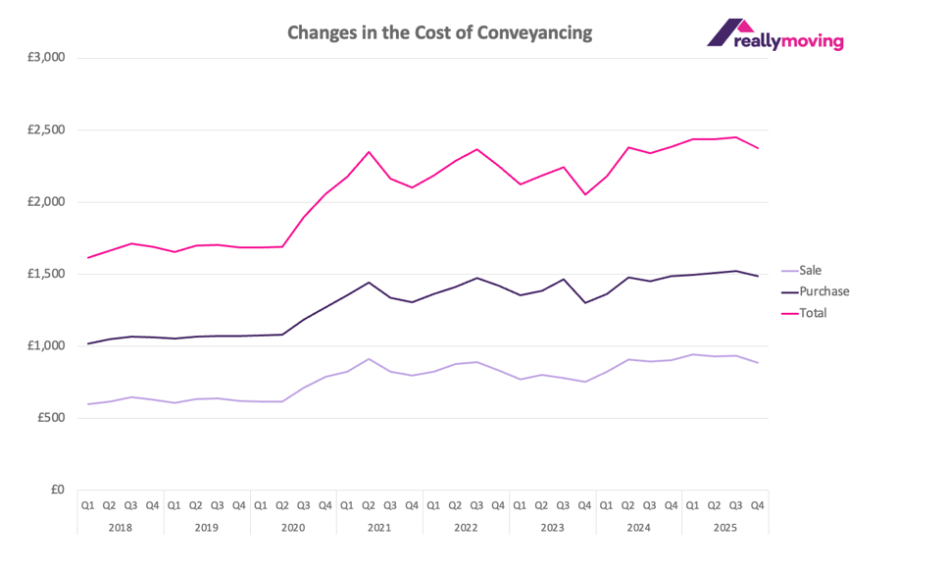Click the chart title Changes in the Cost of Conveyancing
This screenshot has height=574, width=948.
(x=439, y=32)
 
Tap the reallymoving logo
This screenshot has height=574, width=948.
(x=774, y=34)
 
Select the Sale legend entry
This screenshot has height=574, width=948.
(x=811, y=270)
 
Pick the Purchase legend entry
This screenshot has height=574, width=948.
(x=824, y=291)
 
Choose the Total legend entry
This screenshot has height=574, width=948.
(x=813, y=313)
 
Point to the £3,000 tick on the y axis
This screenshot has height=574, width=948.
(x=44, y=58)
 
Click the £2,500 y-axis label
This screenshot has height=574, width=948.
(x=44, y=130)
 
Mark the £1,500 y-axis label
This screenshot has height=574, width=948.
(x=44, y=274)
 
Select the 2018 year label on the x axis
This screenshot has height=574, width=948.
(x=120, y=527)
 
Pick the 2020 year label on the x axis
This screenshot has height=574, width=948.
(x=293, y=527)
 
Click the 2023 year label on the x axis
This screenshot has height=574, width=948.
(x=552, y=527)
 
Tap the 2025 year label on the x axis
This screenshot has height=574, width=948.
(x=725, y=527)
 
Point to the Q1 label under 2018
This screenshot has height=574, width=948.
(x=88, y=506)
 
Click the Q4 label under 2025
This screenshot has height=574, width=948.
(x=758, y=506)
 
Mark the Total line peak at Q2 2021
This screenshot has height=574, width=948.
(x=369, y=152)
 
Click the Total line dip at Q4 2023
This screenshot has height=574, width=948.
(x=585, y=194)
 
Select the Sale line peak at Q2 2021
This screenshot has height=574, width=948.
(x=369, y=359)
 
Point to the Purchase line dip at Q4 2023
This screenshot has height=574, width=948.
(x=585, y=302)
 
